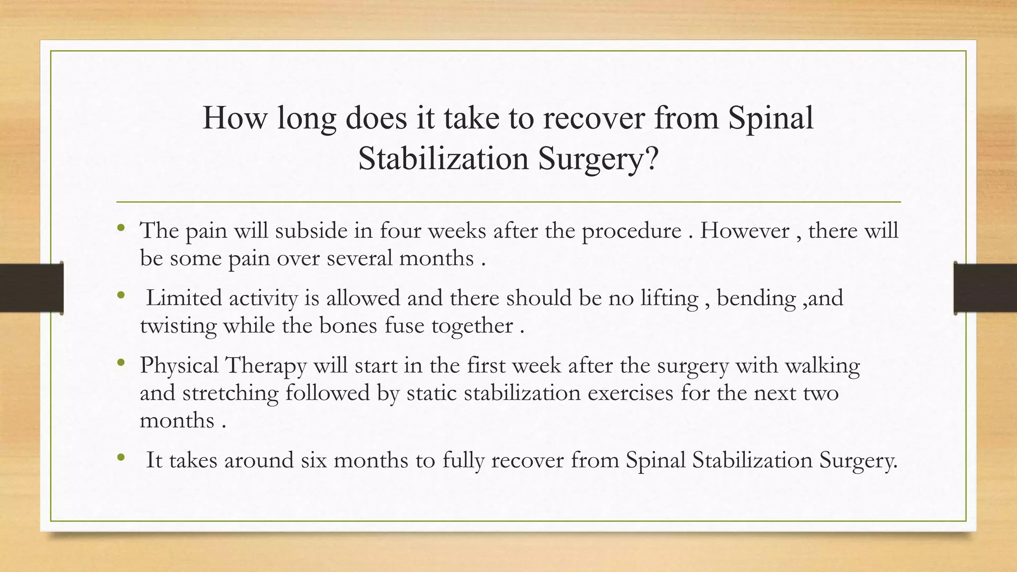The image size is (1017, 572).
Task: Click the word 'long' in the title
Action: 306,119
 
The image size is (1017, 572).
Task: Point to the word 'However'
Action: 744,231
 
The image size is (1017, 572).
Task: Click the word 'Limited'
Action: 184,298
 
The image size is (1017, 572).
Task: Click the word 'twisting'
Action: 178,326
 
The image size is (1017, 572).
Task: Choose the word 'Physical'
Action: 179,366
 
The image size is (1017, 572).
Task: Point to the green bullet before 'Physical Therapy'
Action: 121,363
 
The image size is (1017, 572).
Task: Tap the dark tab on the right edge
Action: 985,288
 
